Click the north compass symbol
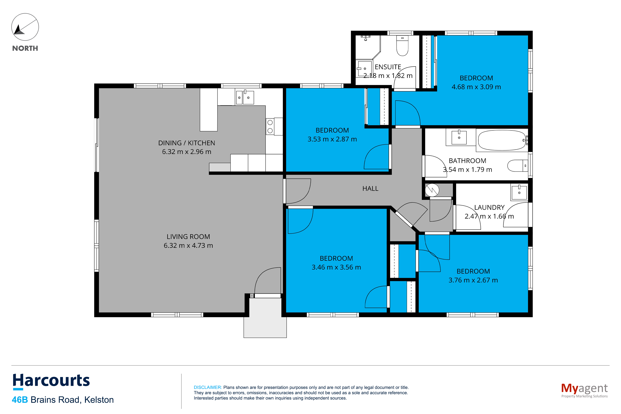click(x=25, y=27)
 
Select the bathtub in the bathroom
click(x=502, y=140)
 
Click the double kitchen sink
click(x=245, y=97)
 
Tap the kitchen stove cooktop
click(x=270, y=127)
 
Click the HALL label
click(x=370, y=188)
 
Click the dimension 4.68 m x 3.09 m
click(x=476, y=87)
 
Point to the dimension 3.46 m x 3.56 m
click(x=336, y=267)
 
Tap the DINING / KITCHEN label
click(x=187, y=143)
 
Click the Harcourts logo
click(x=51, y=381)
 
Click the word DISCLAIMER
click(x=208, y=387)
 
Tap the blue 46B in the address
click(x=20, y=400)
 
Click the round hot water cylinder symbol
click(x=432, y=190)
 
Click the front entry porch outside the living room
click(x=265, y=318)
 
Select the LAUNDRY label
click(x=489, y=207)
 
